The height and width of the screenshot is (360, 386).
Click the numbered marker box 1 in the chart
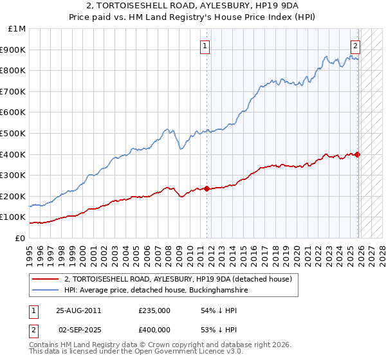(205, 46)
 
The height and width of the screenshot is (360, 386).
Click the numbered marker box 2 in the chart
(355, 46)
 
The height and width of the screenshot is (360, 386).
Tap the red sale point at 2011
(207, 188)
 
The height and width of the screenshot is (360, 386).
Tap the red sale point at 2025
(358, 154)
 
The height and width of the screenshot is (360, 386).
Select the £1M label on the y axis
(17, 29)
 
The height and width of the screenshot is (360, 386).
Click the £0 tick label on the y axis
(20, 238)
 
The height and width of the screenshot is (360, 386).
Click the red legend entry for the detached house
(178, 279)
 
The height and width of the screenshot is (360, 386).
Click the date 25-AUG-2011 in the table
(78, 310)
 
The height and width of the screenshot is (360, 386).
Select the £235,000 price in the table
(154, 310)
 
